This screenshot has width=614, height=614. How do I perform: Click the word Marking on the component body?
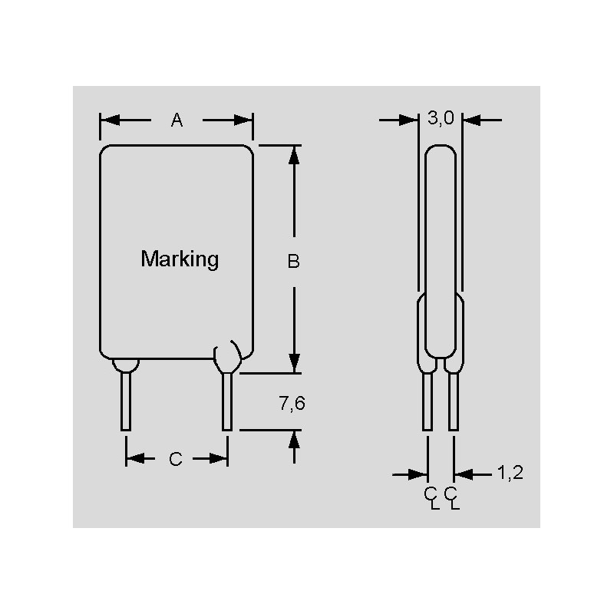click(x=180, y=259)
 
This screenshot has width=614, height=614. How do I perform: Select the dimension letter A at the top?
click(x=177, y=120)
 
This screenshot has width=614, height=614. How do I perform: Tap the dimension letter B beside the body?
click(x=293, y=261)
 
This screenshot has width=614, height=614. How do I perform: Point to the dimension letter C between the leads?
click(x=176, y=458)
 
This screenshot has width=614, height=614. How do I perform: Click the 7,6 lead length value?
click(x=292, y=404)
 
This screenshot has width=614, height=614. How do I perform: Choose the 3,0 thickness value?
click(x=441, y=118)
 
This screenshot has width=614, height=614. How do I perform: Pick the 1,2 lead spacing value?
click(x=510, y=473)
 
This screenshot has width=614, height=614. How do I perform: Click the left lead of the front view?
click(x=126, y=401)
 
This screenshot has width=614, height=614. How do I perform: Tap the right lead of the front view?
click(x=227, y=401)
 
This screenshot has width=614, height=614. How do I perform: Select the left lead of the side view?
click(x=427, y=401)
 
